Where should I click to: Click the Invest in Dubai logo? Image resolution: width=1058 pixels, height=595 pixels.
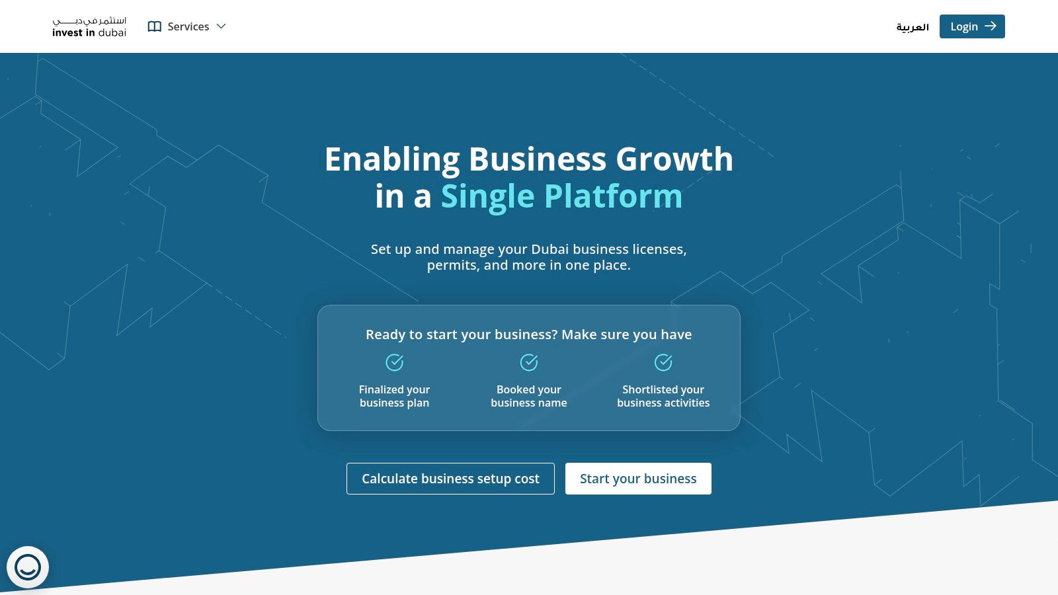point(89,27)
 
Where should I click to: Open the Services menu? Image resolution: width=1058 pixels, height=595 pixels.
point(188,26)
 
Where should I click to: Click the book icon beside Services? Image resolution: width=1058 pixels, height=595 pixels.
point(155,26)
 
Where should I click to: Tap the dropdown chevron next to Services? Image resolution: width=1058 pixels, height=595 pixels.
point(222,26)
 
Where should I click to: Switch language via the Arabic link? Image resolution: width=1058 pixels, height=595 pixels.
point(913,27)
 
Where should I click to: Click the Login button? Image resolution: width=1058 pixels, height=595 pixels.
point(971,26)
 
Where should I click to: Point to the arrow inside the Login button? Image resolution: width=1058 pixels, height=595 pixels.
point(990,26)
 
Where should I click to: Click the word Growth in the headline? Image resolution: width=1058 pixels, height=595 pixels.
point(674,159)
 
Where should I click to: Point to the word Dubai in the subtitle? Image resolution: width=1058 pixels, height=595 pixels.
point(549,249)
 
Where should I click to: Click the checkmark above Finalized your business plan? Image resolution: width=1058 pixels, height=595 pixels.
point(395,362)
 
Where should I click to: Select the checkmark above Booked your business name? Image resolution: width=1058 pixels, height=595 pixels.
point(529,362)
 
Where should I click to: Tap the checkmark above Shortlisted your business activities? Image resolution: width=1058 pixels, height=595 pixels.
point(663,362)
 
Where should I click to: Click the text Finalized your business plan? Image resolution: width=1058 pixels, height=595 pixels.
point(395,396)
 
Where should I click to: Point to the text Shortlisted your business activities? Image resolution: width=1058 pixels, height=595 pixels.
point(663,396)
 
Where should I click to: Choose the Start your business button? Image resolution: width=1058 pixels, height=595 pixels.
point(638,479)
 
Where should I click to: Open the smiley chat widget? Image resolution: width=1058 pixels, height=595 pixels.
point(28,567)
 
